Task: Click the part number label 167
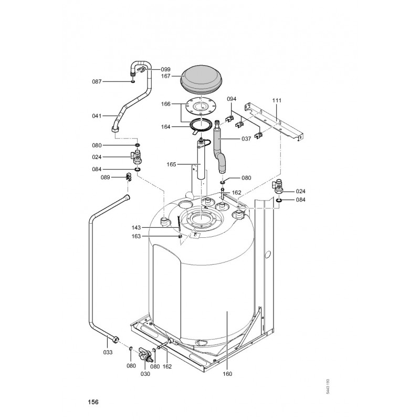(x=166, y=76)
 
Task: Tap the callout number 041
(x=97, y=115)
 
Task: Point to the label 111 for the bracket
(x=277, y=100)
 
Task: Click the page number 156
(x=93, y=402)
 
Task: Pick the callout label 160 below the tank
(x=227, y=374)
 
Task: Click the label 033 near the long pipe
(x=108, y=352)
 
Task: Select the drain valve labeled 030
(x=144, y=354)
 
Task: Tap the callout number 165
(x=171, y=164)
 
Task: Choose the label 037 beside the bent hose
(x=246, y=139)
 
